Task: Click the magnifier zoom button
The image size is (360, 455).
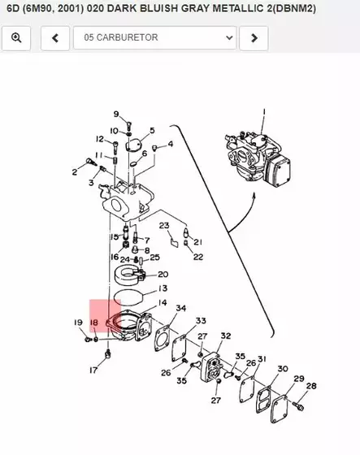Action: coord(16,37)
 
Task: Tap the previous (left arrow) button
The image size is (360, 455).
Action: coord(54,37)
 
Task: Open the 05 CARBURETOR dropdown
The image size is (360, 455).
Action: coord(154,37)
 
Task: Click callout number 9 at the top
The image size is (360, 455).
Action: coord(115,114)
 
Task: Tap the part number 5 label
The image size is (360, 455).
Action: coord(151,130)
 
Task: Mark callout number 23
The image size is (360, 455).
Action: coord(163,225)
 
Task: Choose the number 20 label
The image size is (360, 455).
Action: coord(163,275)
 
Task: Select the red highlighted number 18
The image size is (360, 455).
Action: coord(94,323)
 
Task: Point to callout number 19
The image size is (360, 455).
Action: coord(79,323)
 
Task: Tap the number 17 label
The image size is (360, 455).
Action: coord(93,370)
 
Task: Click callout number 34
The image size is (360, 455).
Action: coord(180,309)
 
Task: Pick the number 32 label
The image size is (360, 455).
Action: coord(225,336)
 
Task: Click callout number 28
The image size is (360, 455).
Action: coord(311,386)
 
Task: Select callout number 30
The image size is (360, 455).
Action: coord(282,369)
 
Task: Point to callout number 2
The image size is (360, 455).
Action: coord(74,171)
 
